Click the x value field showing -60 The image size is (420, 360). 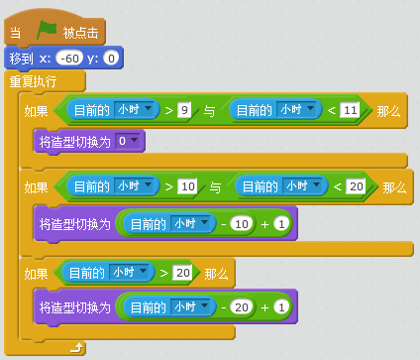click(68, 60)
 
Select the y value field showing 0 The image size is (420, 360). click(111, 60)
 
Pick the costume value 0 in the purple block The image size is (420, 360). click(122, 142)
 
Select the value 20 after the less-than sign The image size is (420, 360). click(356, 186)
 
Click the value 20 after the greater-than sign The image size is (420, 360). click(181, 272)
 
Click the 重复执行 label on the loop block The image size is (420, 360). click(33, 81)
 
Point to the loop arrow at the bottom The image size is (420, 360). click(75, 346)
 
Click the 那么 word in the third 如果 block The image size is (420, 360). click(217, 272)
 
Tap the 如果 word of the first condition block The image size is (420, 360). click(36, 108)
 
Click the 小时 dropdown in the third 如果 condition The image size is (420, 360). click(129, 272)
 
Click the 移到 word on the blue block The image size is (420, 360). click(22, 60)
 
